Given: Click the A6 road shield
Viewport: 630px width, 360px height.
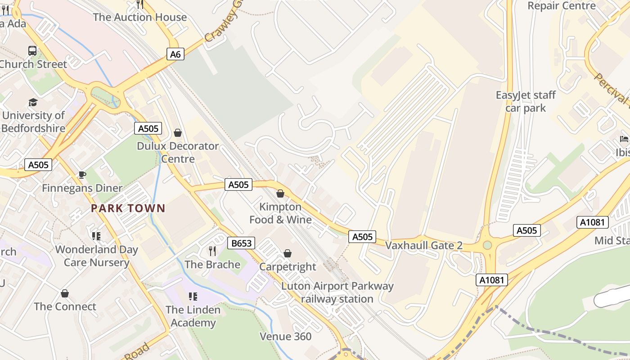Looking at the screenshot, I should (x=175, y=54).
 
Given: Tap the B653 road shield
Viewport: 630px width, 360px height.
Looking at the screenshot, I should (x=241, y=243).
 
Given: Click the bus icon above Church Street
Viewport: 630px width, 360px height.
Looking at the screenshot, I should (x=32, y=51).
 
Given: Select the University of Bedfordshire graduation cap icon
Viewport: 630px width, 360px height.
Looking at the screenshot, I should (x=33, y=103).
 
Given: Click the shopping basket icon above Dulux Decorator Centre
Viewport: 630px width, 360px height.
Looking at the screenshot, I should (x=178, y=133).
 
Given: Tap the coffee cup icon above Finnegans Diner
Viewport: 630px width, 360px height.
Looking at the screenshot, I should (x=82, y=175).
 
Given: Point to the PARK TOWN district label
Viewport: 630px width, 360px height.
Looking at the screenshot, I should (x=128, y=208).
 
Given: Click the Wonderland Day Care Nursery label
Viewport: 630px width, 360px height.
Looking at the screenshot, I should (x=96, y=256).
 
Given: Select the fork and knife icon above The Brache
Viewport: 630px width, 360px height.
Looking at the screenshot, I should (x=212, y=251).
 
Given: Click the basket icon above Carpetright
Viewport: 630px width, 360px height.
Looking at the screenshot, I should (x=288, y=253).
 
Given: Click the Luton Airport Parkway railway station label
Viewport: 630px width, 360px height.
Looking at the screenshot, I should (x=337, y=292).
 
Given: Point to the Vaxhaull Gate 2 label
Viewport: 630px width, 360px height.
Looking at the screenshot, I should (x=424, y=245).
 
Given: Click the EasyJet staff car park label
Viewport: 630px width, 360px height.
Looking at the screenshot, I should (x=526, y=101).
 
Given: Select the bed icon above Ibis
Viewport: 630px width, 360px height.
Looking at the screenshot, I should (x=624, y=139).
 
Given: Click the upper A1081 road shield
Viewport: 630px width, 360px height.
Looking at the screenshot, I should (x=592, y=222).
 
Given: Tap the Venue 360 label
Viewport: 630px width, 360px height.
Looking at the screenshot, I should (x=285, y=336).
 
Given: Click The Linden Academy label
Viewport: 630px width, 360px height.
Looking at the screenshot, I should (x=193, y=316).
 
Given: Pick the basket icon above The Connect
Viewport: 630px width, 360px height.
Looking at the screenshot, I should (x=65, y=293).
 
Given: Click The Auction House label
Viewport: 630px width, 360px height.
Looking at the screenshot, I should (x=139, y=17).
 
